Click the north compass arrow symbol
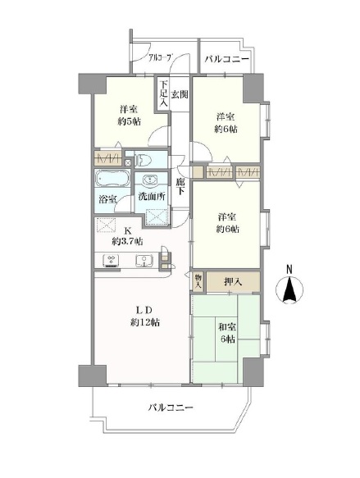click(289, 289)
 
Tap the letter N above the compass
click(289, 269)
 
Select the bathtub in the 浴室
click(112, 178)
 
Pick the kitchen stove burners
click(112, 261)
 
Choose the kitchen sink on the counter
click(144, 261)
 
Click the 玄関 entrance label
click(180, 95)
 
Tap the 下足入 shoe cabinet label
click(164, 93)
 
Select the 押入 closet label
click(233, 282)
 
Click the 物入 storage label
click(198, 281)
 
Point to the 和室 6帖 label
click(227, 333)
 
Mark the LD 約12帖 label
click(145, 316)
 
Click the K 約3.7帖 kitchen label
click(127, 236)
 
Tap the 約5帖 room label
click(130, 116)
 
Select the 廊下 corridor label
click(180, 186)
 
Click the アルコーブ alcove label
click(159, 57)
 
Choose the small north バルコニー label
click(227, 59)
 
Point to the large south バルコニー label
click(171, 407)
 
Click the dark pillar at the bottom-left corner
click(93, 376)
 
